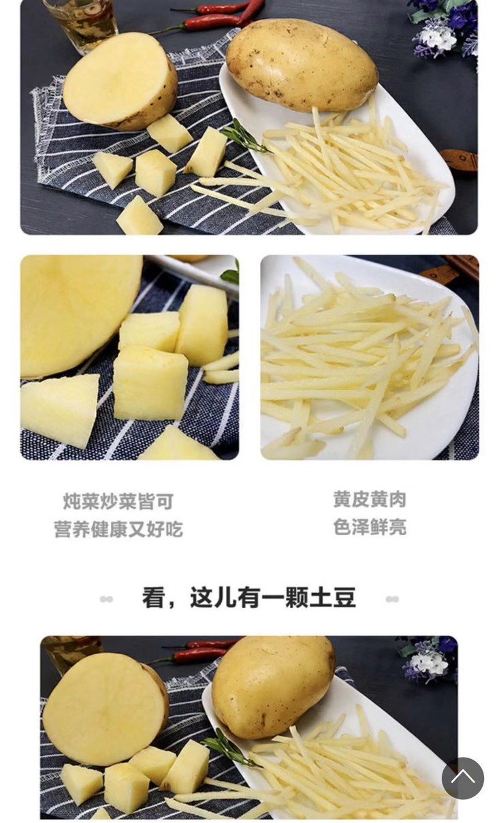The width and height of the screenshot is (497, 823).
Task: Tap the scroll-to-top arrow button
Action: pos(462,778)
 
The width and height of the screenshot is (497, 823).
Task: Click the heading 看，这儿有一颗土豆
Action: pos(248,598)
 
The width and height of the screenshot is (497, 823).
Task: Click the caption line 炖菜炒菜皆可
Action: pos(118,501)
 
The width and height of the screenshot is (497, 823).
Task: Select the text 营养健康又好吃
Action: pos(118,529)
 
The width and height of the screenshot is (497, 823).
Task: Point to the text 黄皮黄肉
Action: pos(370,499)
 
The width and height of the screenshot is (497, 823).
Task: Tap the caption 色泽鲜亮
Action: pos(370,528)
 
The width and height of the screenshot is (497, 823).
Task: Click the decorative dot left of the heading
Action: pos(106,599)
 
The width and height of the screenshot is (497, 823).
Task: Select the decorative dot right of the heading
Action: pos(392,599)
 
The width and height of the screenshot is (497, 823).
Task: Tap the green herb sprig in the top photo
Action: pos(245,137)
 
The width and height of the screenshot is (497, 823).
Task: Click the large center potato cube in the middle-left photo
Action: pos(150,382)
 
